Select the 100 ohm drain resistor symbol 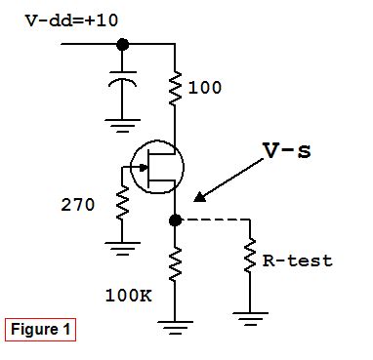pyautogui.click(x=176, y=87)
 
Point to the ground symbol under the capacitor pyautogui.click(x=122, y=122)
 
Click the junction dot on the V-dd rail pyautogui.click(x=122, y=44)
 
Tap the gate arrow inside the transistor pyautogui.click(x=145, y=168)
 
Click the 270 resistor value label pyautogui.click(x=78, y=205)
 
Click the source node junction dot pyautogui.click(x=176, y=220)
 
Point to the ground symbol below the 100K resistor pyautogui.click(x=176, y=327)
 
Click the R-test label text pyautogui.click(x=299, y=260)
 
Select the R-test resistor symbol pyautogui.click(x=251, y=259)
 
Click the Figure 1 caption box pyautogui.click(x=41, y=330)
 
